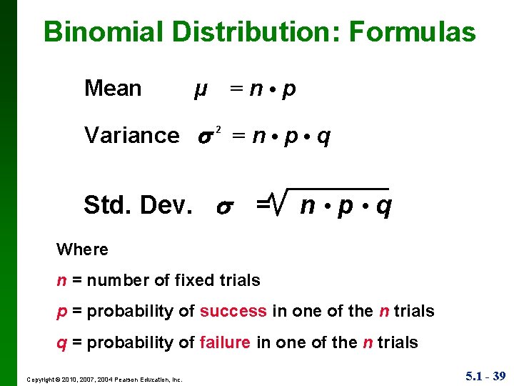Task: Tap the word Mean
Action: [x=113, y=89]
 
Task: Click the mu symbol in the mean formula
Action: [x=201, y=90]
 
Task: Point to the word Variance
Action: [x=132, y=135]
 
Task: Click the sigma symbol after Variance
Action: [x=203, y=137]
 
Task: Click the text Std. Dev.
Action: [x=138, y=206]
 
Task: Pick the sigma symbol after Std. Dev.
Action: [x=223, y=207]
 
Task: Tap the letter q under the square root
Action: [x=383, y=207]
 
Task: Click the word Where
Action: [x=82, y=249]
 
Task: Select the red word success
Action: [x=233, y=311]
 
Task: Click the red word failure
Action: [x=226, y=342]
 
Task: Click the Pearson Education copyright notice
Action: [x=104, y=379]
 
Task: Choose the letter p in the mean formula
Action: [x=289, y=90]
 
